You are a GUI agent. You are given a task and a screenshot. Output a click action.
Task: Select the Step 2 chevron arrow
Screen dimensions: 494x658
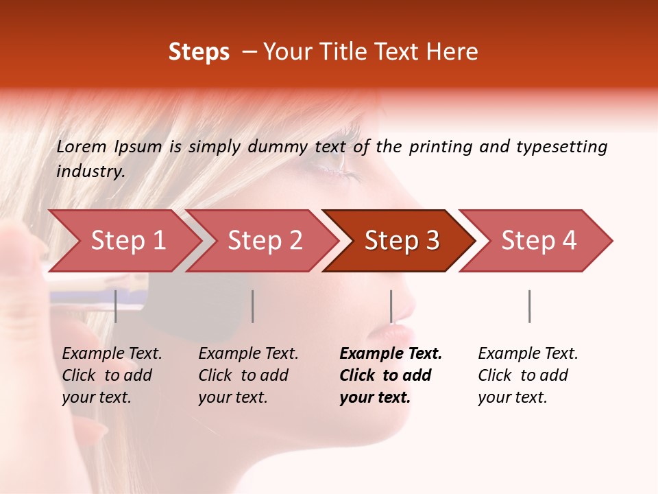[x=265, y=240]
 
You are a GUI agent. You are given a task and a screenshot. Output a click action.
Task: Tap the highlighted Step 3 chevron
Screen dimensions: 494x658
[x=402, y=240]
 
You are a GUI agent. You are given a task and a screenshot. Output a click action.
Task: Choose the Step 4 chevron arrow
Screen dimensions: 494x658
[x=539, y=240]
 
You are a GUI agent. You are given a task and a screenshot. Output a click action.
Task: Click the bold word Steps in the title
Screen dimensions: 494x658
[x=199, y=52]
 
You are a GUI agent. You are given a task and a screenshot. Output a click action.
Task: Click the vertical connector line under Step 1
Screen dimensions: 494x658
[x=116, y=306]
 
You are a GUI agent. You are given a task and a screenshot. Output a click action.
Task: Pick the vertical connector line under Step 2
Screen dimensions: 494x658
[x=253, y=306]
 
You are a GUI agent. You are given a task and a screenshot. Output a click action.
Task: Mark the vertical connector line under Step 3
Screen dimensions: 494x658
[x=391, y=306]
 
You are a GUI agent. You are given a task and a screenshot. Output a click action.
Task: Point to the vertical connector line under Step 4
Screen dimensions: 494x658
[x=529, y=306]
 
